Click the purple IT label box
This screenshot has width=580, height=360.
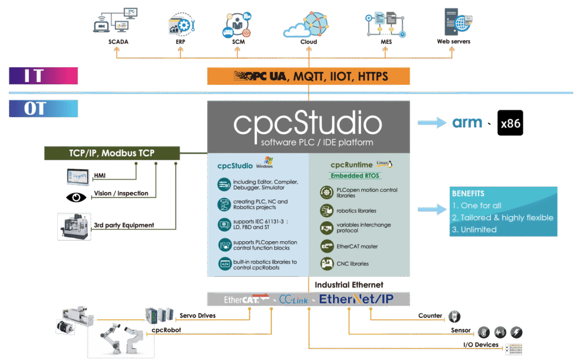pyautogui.click(x=43, y=76)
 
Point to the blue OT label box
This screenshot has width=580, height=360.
pyautogui.click(x=43, y=108)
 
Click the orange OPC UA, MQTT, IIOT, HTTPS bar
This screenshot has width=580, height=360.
pyautogui.click(x=308, y=76)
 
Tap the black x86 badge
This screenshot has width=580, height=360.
pyautogui.click(x=510, y=123)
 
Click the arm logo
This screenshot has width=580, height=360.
pyautogui.click(x=467, y=123)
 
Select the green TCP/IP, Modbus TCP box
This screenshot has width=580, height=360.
pyautogui.click(x=112, y=153)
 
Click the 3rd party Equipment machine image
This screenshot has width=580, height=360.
pyautogui.click(x=74, y=225)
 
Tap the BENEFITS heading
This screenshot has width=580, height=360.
pyautogui.click(x=468, y=194)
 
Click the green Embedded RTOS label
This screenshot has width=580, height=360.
pyautogui.click(x=355, y=175)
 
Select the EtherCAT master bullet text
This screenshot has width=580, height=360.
pyautogui.click(x=357, y=246)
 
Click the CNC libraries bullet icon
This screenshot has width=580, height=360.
pyautogui.click(x=326, y=263)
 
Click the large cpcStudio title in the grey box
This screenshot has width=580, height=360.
pyautogui.click(x=308, y=123)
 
